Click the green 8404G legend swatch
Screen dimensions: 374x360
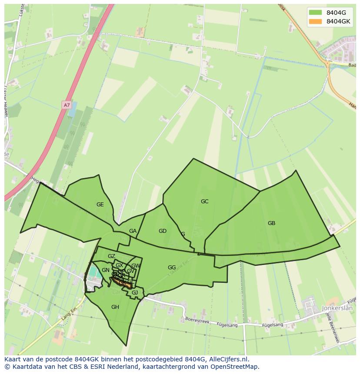(x=316, y=12)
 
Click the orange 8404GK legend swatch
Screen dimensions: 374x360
(x=316, y=21)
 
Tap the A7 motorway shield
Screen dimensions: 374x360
(x=66, y=105)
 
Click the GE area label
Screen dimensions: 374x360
(x=100, y=205)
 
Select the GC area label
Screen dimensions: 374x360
(x=204, y=202)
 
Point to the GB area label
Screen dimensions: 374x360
(x=271, y=223)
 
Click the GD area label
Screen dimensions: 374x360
(x=163, y=231)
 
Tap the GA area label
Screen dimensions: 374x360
(x=133, y=231)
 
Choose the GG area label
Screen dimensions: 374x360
(x=172, y=268)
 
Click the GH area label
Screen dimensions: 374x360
(x=115, y=307)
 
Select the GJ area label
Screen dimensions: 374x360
(x=135, y=293)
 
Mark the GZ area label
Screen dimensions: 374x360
(x=112, y=256)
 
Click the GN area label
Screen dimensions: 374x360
(x=106, y=270)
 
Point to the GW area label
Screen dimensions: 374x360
(x=136, y=266)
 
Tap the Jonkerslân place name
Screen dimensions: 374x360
(x=338, y=308)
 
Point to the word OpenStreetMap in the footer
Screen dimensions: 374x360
(x=234, y=367)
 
